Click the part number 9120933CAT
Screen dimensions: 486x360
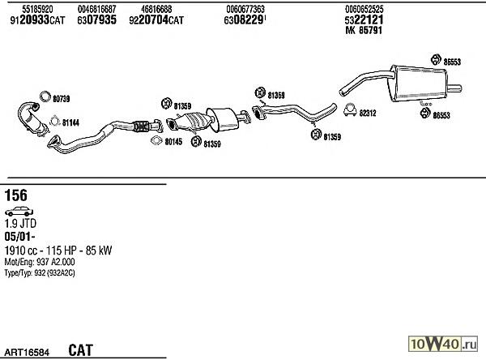click(x=37, y=20)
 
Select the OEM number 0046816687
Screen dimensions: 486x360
click(x=96, y=9)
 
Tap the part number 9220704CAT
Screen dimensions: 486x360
click(x=156, y=20)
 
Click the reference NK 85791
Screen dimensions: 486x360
click(x=364, y=30)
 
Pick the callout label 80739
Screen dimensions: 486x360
click(x=61, y=99)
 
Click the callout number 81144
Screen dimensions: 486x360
click(x=70, y=123)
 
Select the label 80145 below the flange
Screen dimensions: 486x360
click(x=173, y=142)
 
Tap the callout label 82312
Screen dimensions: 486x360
click(x=368, y=113)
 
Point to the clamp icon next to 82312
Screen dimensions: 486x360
click(x=350, y=109)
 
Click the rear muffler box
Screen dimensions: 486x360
click(x=419, y=83)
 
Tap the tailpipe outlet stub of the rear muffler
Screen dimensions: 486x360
click(x=454, y=88)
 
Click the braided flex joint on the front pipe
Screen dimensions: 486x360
click(x=141, y=126)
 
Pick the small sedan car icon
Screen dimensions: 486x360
click(x=19, y=212)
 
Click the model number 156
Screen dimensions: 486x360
click(x=16, y=195)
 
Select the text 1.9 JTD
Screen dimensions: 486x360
click(x=20, y=224)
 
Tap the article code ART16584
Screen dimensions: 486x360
click(x=27, y=352)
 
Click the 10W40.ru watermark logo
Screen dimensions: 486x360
click(x=442, y=344)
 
